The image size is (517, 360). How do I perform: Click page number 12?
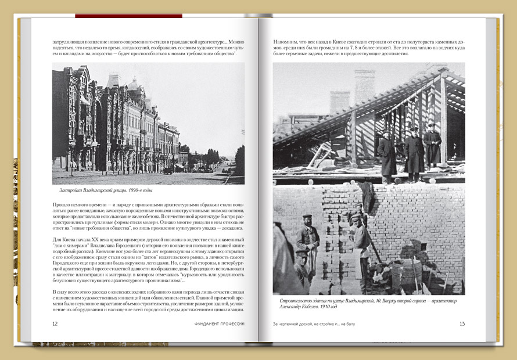tap(55, 324)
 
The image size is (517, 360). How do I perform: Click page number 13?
tap(462, 324)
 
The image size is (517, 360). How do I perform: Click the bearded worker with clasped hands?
tap(308, 237)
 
